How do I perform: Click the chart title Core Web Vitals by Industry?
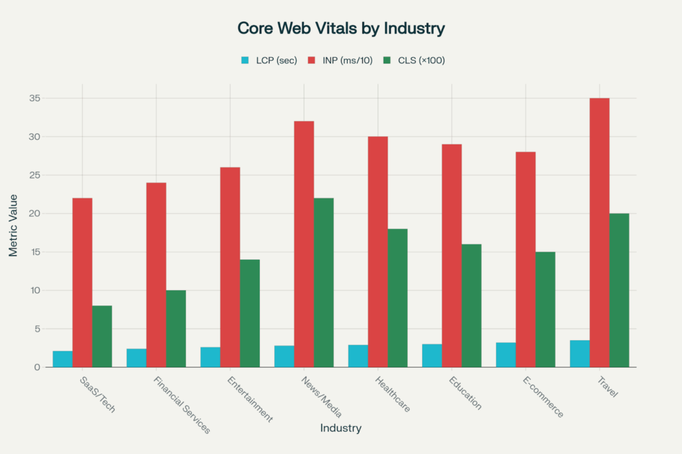coord(340,29)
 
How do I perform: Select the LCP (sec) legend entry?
coord(265,61)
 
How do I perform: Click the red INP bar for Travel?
coord(599,233)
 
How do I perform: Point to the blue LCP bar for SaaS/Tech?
coord(63,359)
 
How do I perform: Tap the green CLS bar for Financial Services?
coord(176,329)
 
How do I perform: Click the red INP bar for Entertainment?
coord(230,267)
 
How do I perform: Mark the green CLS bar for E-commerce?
coord(545,310)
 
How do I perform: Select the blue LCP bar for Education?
coord(432,355)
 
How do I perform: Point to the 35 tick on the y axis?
coord(35,99)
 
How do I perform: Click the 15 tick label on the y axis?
coord(35,252)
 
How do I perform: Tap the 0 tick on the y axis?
coord(37,367)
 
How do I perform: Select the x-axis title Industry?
coord(340,428)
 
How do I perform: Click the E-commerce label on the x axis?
coord(543,399)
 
